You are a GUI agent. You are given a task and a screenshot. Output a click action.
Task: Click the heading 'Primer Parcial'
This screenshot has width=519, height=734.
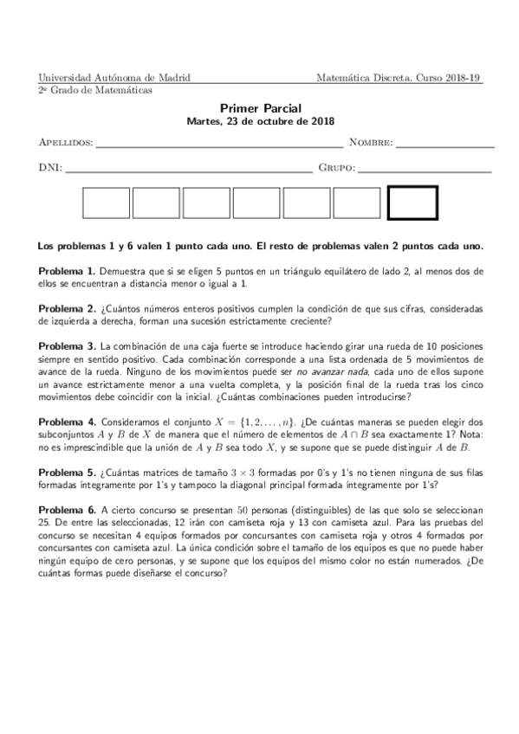pyautogui.click(x=260, y=108)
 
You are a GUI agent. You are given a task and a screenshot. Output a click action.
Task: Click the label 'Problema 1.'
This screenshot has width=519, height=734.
pyautogui.click(x=68, y=271)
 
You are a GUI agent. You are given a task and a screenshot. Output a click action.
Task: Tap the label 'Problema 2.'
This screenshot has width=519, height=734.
pyautogui.click(x=68, y=308)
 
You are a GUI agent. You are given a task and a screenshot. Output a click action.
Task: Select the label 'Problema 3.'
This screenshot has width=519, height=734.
pyautogui.click(x=68, y=346)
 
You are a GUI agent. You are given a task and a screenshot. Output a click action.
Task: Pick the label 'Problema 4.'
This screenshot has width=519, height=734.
pyautogui.click(x=68, y=422)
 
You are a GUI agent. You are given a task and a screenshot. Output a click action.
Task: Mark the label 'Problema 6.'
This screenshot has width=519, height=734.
pyautogui.click(x=68, y=511)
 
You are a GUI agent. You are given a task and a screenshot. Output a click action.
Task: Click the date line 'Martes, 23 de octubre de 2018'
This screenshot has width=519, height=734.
pyautogui.click(x=260, y=122)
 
